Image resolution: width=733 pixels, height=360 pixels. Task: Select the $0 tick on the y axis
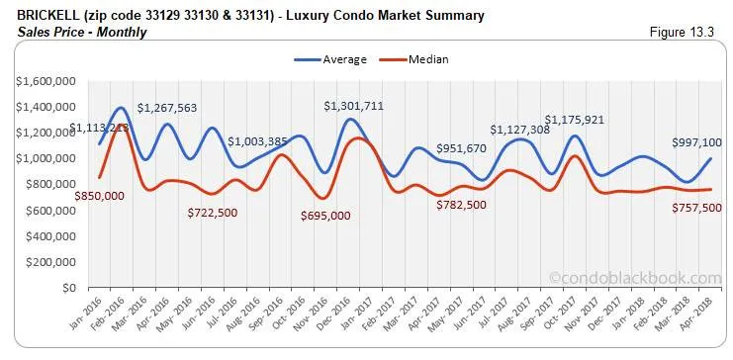(x=66, y=288)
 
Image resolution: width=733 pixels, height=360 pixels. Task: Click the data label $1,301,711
(x=354, y=106)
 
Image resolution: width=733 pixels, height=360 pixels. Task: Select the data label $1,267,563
(x=166, y=108)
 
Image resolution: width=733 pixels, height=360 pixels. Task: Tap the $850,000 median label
(x=99, y=196)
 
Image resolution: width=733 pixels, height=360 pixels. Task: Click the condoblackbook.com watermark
(x=635, y=279)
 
